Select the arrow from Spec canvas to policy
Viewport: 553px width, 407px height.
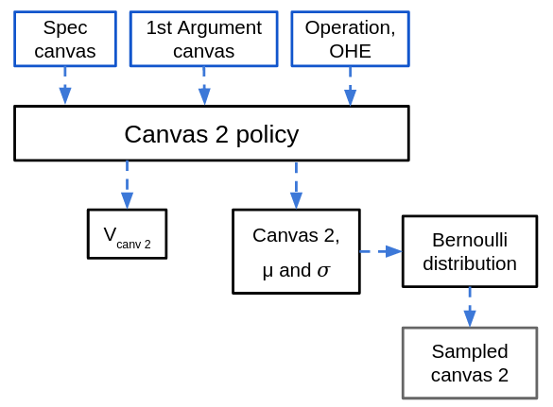coord(65,86)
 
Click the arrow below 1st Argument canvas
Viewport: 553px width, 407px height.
coord(204,86)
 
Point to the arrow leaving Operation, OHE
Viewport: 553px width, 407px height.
coord(350,86)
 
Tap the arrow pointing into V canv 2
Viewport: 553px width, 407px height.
coord(127,185)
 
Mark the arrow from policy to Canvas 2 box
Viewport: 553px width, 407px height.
coord(296,185)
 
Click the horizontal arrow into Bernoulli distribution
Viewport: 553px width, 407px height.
coord(381,251)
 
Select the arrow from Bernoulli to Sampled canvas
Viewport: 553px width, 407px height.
coord(470,307)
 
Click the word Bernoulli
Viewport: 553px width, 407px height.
coord(470,240)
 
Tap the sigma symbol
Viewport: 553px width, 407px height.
coord(323,271)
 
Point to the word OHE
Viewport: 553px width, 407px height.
coord(350,51)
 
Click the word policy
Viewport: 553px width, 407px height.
coord(268,135)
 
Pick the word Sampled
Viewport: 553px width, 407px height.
coord(470,351)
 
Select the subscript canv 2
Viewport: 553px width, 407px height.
coord(133,245)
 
